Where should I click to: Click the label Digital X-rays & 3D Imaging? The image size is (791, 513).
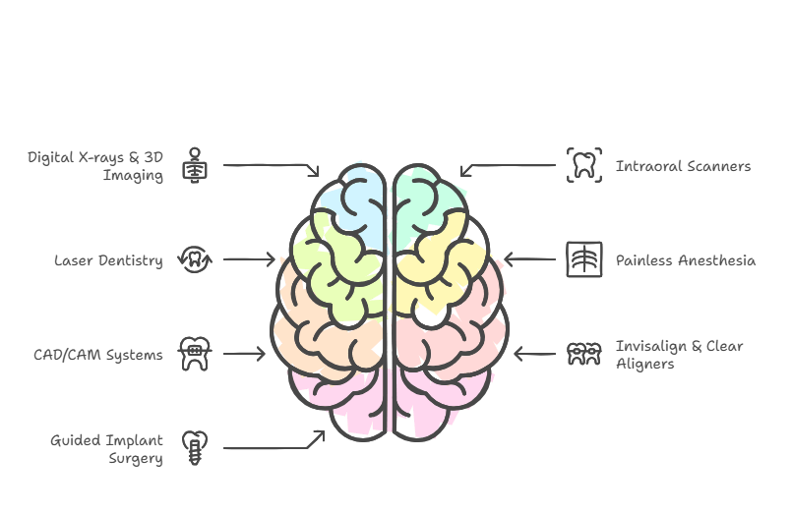click(x=95, y=166)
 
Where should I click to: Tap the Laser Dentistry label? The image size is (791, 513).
click(x=108, y=260)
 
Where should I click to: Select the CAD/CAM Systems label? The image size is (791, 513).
click(x=97, y=355)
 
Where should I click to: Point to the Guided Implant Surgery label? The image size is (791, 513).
click(x=106, y=449)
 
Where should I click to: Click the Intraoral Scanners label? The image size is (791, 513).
click(x=683, y=166)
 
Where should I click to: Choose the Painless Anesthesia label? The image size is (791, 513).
click(x=686, y=260)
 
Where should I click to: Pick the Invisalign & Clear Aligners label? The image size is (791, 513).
click(x=679, y=355)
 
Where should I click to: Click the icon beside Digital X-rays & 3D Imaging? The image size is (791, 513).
click(x=195, y=165)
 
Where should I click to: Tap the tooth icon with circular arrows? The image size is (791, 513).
click(x=195, y=259)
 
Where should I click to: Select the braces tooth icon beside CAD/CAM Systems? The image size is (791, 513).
click(x=195, y=354)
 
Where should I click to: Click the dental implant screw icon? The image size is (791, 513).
click(x=195, y=448)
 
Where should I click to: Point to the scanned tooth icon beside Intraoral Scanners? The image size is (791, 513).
click(x=584, y=165)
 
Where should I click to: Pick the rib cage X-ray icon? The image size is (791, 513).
click(x=584, y=259)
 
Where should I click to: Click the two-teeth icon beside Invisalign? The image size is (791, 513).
click(x=584, y=354)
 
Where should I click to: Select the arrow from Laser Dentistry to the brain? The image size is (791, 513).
click(x=249, y=259)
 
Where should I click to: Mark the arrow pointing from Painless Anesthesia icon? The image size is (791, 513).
click(x=529, y=259)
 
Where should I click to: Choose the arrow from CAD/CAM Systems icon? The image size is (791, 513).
click(x=244, y=354)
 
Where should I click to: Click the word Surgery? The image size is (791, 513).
click(x=136, y=459)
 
